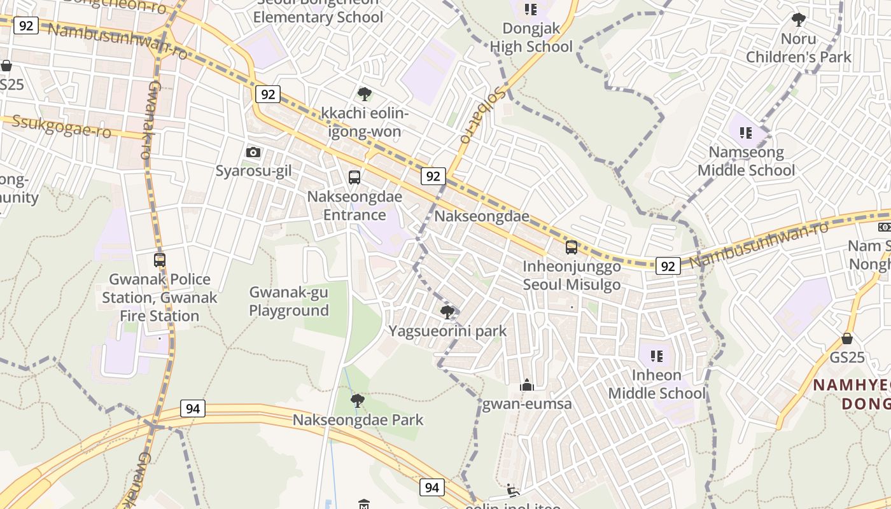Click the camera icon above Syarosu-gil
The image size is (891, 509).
tap(253, 153)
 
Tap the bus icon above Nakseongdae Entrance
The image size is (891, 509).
tap(354, 178)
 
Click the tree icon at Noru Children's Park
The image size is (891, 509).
tap(798, 20)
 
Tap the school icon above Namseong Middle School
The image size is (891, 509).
tap(746, 133)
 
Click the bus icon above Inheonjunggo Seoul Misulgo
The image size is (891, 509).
tap(572, 248)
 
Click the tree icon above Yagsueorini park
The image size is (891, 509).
tap(447, 312)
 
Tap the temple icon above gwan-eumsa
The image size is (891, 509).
tap(526, 385)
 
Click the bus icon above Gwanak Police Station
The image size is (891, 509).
tap(159, 260)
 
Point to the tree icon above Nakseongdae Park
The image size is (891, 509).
tap(358, 400)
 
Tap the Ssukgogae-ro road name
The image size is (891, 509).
tap(61, 127)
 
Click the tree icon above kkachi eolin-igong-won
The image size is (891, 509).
tap(365, 95)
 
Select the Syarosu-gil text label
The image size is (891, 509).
tap(253, 171)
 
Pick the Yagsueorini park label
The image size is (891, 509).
tap(447, 331)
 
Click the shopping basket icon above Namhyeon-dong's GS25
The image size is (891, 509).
tap(847, 338)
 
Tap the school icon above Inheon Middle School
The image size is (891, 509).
tap(656, 356)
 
